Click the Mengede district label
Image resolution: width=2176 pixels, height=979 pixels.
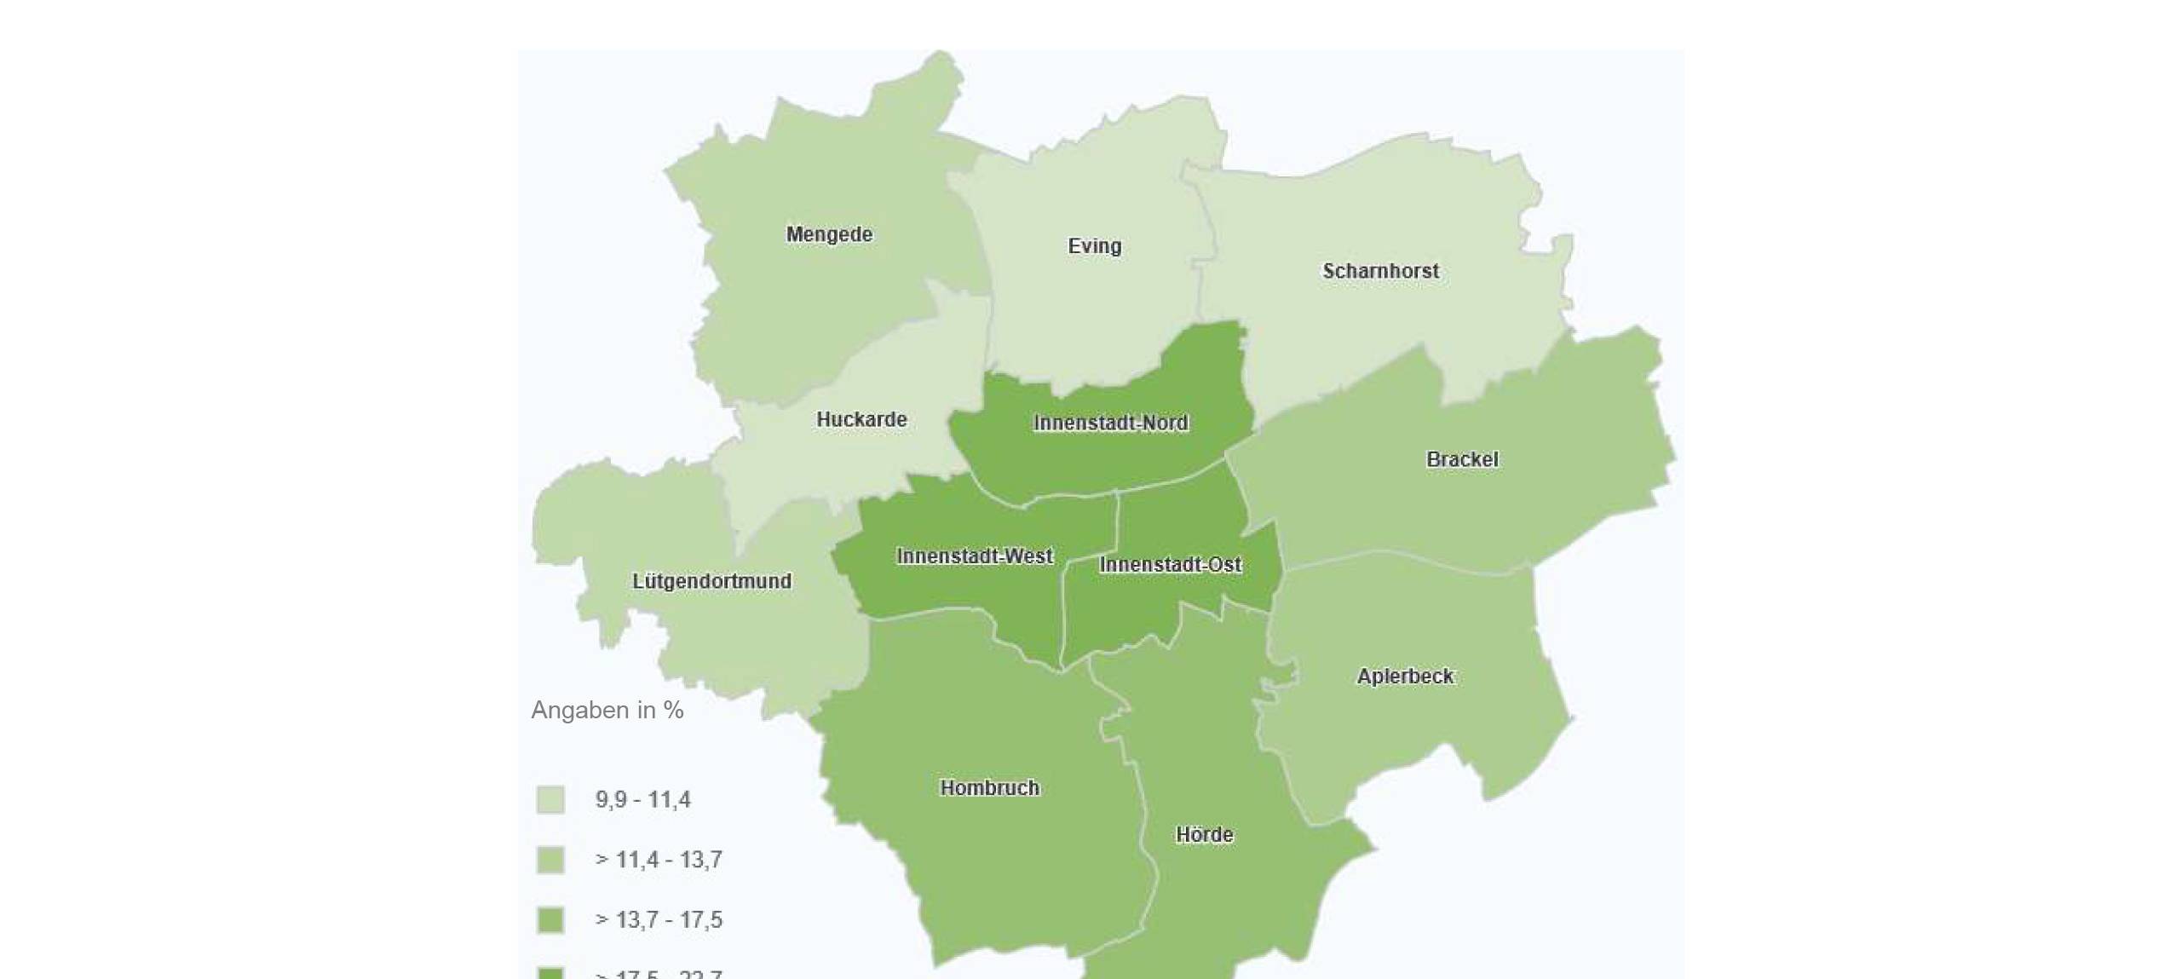click(829, 234)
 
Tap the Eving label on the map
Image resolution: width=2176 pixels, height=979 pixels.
click(1095, 246)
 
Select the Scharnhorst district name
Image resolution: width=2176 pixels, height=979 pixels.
click(1380, 271)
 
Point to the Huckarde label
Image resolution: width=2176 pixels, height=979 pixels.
click(861, 419)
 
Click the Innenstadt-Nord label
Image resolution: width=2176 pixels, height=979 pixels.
click(1111, 423)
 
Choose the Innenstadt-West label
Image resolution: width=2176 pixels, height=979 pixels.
click(975, 556)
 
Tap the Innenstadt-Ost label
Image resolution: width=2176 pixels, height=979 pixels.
click(1170, 564)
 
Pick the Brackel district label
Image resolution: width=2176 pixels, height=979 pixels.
click(1462, 459)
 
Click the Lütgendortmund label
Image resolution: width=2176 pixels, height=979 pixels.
click(711, 581)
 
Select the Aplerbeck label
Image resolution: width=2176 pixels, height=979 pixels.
click(1405, 677)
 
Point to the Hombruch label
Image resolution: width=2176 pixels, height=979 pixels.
click(989, 788)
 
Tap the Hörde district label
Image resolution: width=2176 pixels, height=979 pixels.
click(1204, 835)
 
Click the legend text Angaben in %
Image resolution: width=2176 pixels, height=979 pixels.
click(607, 710)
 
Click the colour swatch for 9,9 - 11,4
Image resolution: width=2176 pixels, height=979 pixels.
click(550, 800)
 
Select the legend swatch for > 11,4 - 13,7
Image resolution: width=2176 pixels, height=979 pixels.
click(550, 860)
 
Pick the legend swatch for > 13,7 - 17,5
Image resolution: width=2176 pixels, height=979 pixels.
click(550, 920)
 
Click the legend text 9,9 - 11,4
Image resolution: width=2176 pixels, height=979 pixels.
click(643, 800)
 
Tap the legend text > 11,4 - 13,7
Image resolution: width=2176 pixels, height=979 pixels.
click(659, 860)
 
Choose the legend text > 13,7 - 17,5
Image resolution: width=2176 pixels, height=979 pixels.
click(659, 920)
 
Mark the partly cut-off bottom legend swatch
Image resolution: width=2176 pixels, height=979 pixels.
click(550, 973)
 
